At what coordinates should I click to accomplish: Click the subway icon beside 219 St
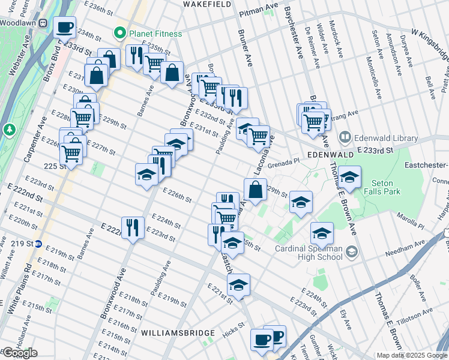(x=38, y=244)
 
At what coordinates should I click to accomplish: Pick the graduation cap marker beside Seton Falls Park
(x=349, y=178)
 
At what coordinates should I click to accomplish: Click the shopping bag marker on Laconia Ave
(x=255, y=190)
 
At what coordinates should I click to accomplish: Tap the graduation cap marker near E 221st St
(x=239, y=285)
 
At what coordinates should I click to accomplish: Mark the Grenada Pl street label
(x=283, y=161)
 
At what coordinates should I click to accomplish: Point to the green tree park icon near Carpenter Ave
(x=9, y=129)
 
